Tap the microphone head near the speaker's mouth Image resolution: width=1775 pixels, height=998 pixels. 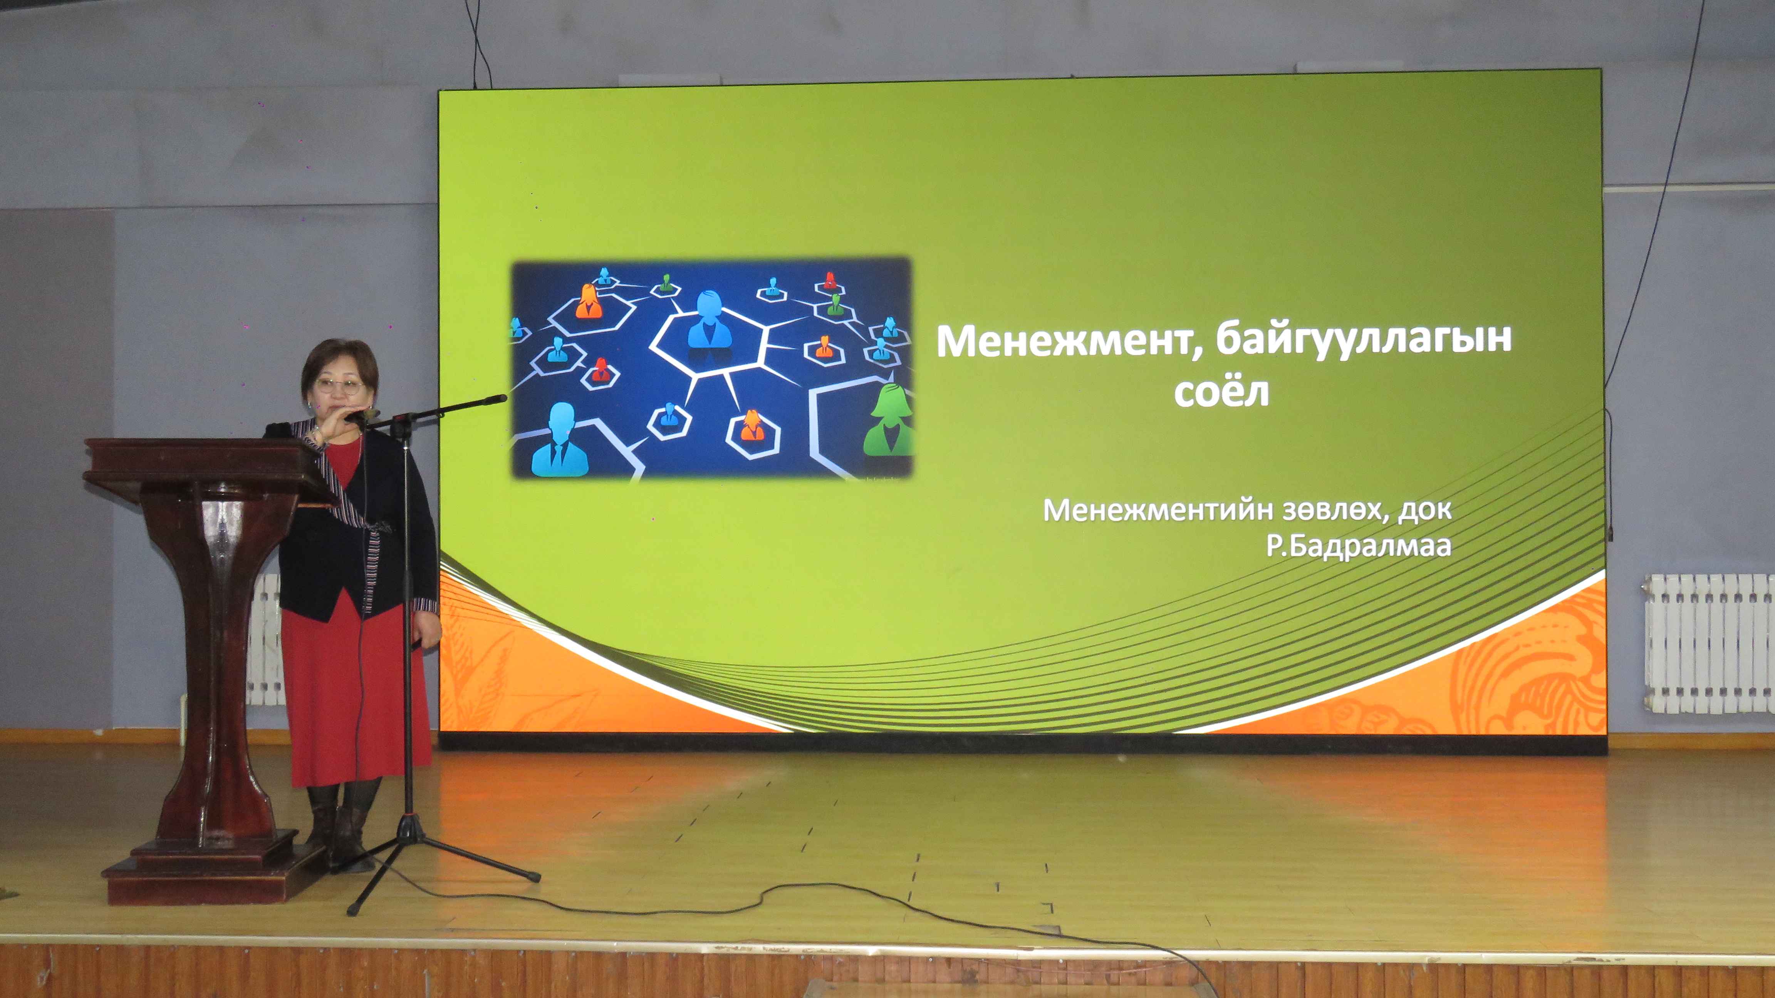[x=363, y=416]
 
